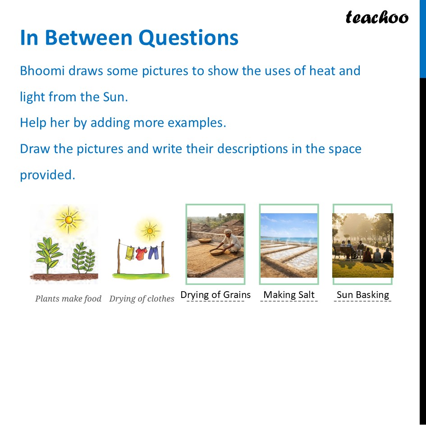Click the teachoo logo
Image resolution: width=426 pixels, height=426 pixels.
[376, 18]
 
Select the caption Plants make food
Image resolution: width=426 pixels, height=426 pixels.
[68, 298]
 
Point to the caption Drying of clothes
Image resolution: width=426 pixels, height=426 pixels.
[142, 298]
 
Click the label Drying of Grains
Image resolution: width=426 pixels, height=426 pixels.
[215, 295]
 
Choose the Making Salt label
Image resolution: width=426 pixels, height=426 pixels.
[289, 295]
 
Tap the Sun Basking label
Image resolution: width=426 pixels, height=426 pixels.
[363, 295]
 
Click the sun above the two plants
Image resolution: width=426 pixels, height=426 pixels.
[69, 220]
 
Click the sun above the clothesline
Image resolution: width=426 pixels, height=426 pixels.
[149, 231]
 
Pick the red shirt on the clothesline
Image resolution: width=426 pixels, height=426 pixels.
[141, 253]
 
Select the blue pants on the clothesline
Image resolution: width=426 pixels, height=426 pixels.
[153, 252]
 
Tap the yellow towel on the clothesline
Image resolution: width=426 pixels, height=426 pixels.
[130, 253]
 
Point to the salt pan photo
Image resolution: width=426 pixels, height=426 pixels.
[289, 245]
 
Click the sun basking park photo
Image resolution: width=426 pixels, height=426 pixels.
[363, 245]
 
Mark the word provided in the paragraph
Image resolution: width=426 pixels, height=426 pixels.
[47, 175]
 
